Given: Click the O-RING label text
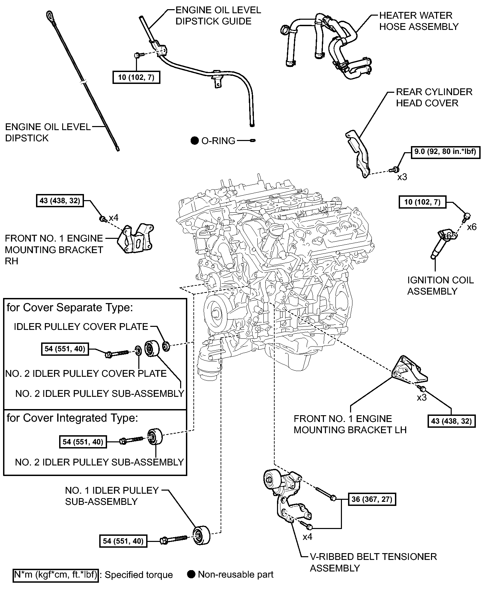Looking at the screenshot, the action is pos(218,141).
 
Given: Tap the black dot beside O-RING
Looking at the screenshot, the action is pos(194,141).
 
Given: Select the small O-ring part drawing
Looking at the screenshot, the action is pos(253,140).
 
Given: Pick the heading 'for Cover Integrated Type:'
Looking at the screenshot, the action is pos(72,418).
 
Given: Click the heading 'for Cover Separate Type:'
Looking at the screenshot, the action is pos(70,307).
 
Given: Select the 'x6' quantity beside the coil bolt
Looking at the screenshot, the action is pos(472,227).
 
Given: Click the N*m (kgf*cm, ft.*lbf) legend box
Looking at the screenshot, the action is pos(56,575).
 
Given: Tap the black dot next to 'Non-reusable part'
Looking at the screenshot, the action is pos(192,575).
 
